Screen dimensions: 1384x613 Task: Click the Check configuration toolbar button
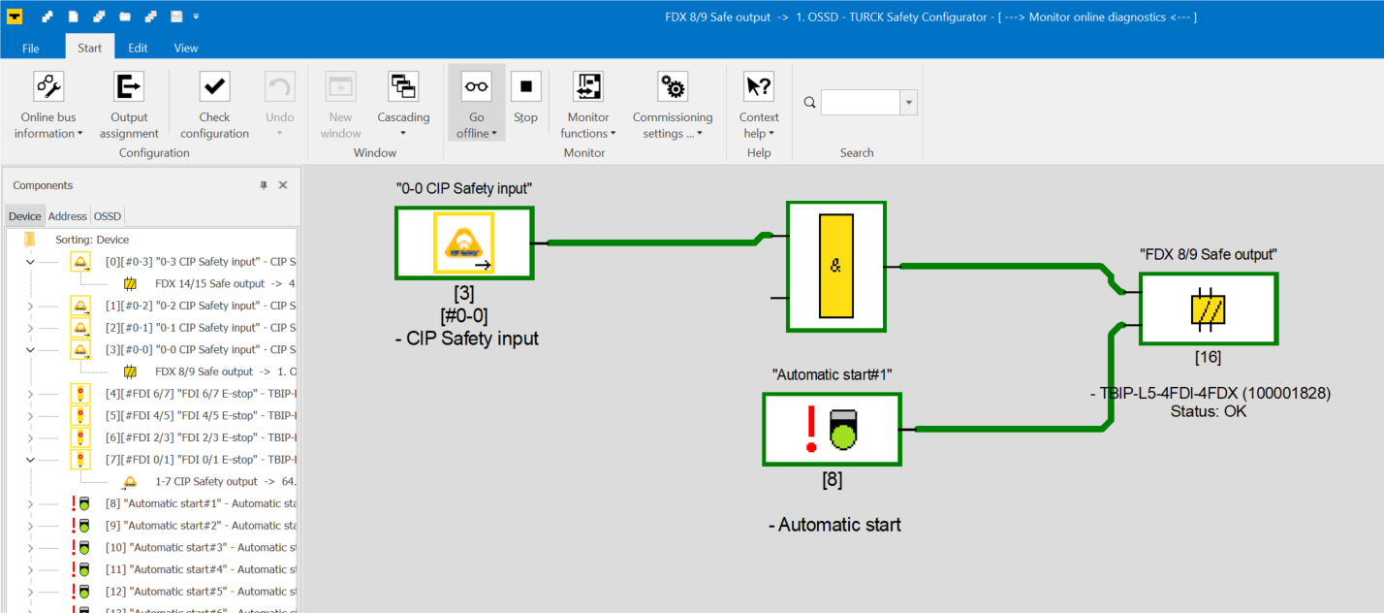tap(214, 105)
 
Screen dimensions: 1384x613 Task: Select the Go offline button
tap(477, 105)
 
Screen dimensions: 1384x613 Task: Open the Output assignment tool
tap(129, 105)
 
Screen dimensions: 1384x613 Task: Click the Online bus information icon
tap(48, 86)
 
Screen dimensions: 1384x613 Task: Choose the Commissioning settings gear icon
tap(673, 86)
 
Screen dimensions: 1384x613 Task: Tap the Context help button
tap(759, 105)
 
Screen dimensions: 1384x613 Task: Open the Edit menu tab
tap(138, 48)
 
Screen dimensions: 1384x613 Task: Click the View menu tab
tap(185, 48)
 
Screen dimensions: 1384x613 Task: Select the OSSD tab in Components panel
tap(108, 216)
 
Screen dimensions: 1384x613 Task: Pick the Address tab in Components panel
tap(67, 216)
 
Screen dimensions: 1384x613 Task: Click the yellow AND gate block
tap(836, 267)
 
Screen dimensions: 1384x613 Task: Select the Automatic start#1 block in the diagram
tap(833, 430)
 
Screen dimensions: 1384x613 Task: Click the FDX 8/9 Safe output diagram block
tap(1209, 308)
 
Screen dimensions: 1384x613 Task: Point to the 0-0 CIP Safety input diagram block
tap(464, 243)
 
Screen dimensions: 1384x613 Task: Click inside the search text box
tap(860, 102)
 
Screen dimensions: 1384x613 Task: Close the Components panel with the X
tap(283, 185)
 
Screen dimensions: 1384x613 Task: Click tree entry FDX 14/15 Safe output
tap(210, 283)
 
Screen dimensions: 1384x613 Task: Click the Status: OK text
tap(1208, 411)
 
